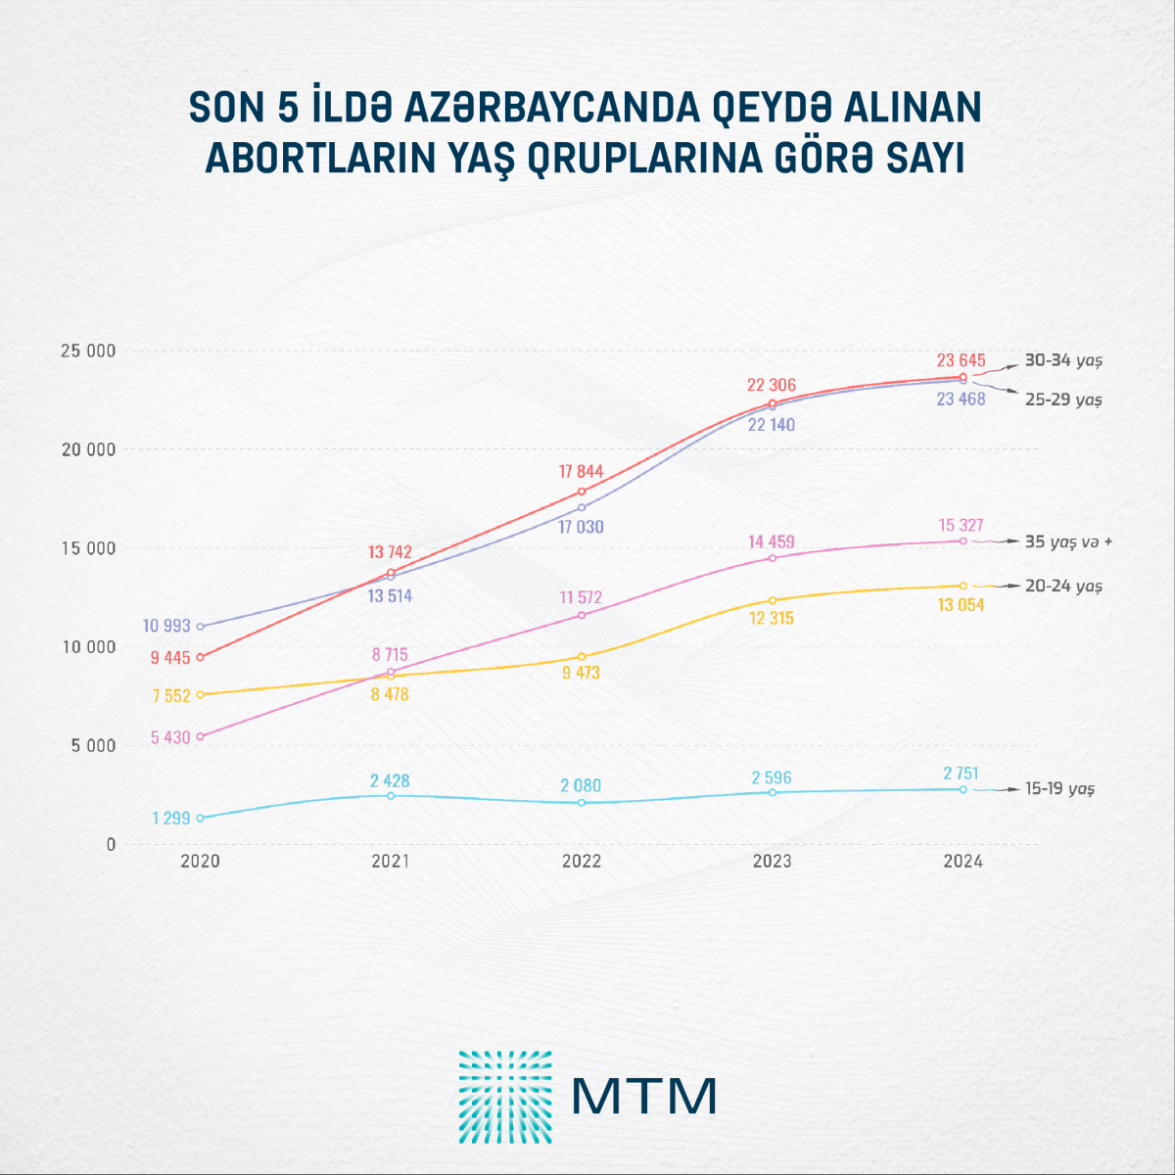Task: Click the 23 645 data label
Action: point(961,360)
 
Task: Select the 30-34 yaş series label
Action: point(1063,360)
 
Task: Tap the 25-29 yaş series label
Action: point(1063,399)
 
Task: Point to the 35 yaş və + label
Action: point(1068,541)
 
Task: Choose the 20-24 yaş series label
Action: point(1063,586)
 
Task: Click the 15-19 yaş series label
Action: point(1059,788)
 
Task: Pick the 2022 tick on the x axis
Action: point(582,862)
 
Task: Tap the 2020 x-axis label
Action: point(200,862)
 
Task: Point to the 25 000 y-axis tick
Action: point(89,351)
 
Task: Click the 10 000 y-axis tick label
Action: point(89,646)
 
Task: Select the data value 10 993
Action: point(166,626)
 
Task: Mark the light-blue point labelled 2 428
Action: point(391,796)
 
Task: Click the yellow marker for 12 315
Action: point(772,600)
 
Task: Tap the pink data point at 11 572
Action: point(582,615)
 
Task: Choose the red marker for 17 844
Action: point(582,492)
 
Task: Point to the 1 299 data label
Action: point(170,818)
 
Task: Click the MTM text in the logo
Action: point(643,1097)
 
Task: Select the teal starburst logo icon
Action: point(504,1097)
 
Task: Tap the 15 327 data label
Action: point(961,526)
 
